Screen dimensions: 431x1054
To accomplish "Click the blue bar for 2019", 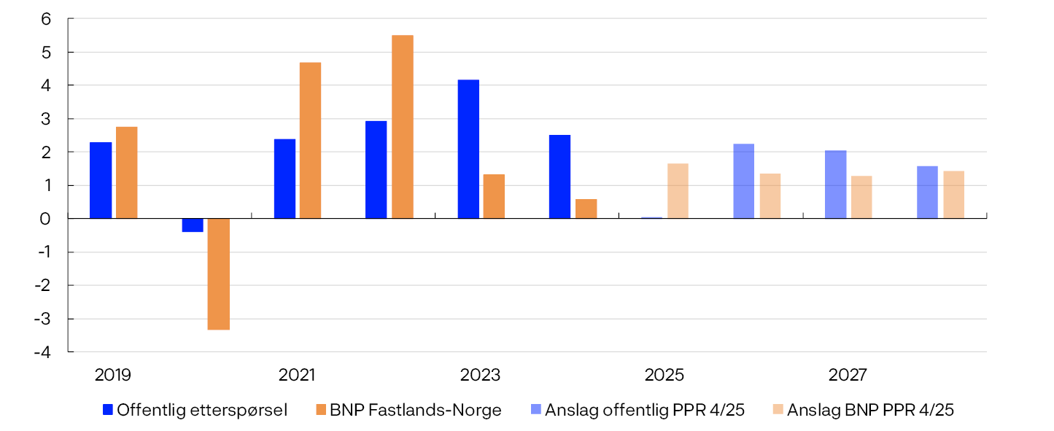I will [101, 180].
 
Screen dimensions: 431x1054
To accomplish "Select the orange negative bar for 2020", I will [219, 274].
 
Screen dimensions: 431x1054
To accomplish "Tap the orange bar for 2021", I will [310, 141].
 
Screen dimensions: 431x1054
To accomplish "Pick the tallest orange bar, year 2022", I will [403, 127].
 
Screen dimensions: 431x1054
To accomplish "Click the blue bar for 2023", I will [468, 149].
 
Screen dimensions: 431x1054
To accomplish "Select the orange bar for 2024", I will [586, 209].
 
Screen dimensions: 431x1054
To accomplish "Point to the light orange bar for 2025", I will [678, 191].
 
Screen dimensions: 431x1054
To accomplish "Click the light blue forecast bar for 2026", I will [743, 181].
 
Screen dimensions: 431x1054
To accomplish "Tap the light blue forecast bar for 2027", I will [835, 185].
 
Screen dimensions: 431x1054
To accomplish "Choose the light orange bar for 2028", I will [953, 195].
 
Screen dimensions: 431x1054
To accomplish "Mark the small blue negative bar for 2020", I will [193, 225].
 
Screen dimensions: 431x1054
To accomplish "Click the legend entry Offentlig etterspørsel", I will [195, 411].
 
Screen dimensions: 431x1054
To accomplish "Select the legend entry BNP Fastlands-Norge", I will [408, 411].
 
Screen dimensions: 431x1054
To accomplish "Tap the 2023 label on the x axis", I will [480, 376].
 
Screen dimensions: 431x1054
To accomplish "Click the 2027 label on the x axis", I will [848, 376].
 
